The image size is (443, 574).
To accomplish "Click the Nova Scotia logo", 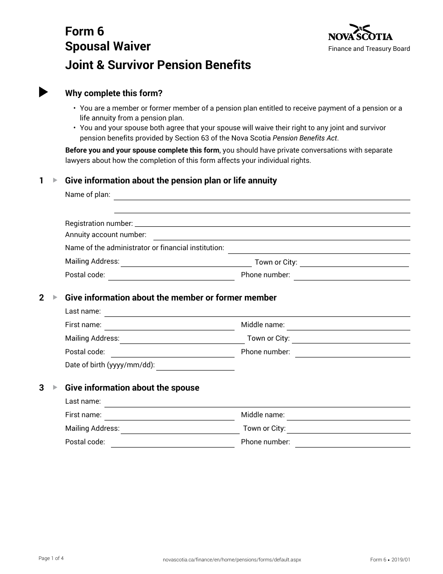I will click(x=360, y=33).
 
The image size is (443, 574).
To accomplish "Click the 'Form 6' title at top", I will click(x=84, y=31).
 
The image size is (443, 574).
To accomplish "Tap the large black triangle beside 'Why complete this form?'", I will click(x=43, y=92).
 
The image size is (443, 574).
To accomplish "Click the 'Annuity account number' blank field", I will click(x=282, y=236).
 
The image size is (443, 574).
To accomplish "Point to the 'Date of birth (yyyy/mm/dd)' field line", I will click(x=195, y=366).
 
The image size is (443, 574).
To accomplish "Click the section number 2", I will click(x=42, y=298).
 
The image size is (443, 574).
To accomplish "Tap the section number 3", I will click(x=42, y=388).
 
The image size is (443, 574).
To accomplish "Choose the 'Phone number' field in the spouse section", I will click(x=353, y=442).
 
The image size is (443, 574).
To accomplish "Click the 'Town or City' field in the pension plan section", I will click(x=354, y=263).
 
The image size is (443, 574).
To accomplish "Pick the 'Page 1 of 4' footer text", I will click(x=51, y=558).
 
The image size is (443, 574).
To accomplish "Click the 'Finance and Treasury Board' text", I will click(x=369, y=49).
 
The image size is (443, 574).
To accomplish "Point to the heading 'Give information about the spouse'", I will click(x=132, y=388).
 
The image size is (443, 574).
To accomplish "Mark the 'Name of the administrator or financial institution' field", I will click(x=319, y=249).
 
